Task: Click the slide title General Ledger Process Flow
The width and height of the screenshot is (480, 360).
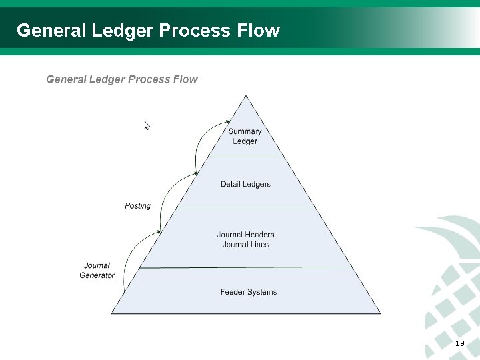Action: (148, 31)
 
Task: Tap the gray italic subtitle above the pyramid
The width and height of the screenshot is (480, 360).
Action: (122, 79)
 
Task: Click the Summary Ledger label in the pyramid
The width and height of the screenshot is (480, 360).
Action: (245, 136)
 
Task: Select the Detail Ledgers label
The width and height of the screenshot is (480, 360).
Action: (245, 184)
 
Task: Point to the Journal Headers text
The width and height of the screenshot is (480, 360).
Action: (245, 235)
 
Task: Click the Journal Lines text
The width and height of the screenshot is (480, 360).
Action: (245, 245)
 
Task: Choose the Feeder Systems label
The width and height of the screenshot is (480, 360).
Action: (248, 292)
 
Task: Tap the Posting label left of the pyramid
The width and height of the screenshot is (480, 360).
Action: (137, 206)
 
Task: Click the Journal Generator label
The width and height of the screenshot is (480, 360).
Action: (97, 271)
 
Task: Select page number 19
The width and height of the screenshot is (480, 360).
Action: (459, 343)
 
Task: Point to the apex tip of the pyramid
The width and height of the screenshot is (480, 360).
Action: (247, 96)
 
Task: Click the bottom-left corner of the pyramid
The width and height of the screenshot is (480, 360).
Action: (112, 313)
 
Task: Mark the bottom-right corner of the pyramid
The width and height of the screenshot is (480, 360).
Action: (380, 313)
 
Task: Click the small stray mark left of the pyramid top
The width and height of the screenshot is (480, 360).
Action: (146, 125)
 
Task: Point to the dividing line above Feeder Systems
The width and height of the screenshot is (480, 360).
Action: (245, 267)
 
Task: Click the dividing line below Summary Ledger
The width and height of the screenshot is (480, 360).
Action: (245, 155)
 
